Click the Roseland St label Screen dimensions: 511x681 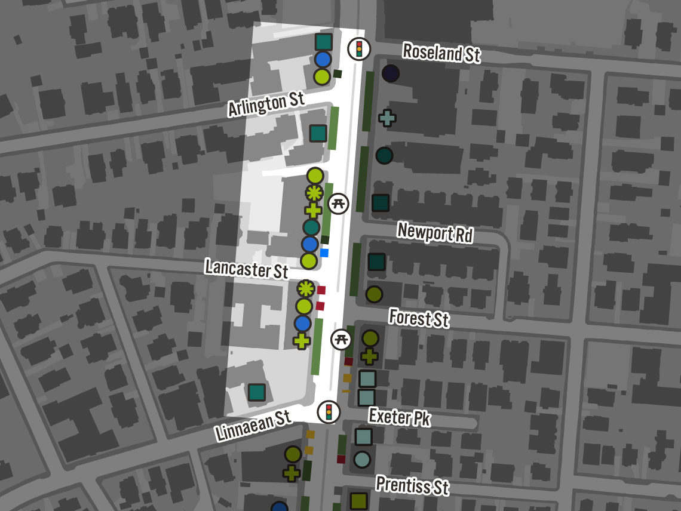[x=441, y=53]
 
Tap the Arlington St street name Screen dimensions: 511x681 [x=266, y=104]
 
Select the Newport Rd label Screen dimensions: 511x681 [x=435, y=232]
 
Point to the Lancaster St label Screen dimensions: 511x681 [x=246, y=268]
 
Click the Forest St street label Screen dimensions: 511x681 [x=419, y=318]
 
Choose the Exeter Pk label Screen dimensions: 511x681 [x=399, y=417]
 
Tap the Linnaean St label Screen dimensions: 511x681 [x=254, y=424]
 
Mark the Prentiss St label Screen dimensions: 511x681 [x=412, y=485]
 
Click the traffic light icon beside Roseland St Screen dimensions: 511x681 [x=358, y=48]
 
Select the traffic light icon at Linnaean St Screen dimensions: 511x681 [x=329, y=411]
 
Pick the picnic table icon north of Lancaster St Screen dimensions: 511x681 [x=339, y=203]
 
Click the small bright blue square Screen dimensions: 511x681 [x=324, y=253]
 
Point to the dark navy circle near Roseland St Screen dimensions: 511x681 [x=391, y=73]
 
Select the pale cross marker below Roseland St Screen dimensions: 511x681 [x=387, y=118]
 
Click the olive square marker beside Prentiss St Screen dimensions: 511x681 [x=358, y=501]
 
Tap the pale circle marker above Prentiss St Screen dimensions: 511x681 [x=362, y=459]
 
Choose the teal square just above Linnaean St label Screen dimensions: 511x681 [x=256, y=392]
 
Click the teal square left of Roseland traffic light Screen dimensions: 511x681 [x=323, y=42]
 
